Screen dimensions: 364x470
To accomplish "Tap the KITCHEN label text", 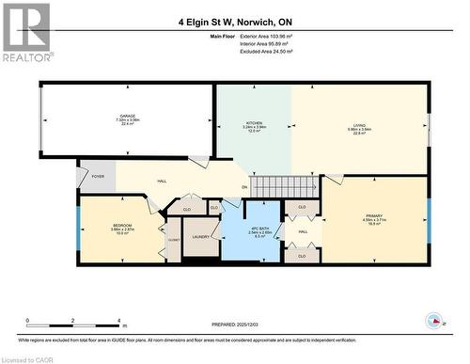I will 254,123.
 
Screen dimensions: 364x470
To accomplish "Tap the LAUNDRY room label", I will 200,237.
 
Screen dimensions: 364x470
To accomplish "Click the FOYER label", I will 98,176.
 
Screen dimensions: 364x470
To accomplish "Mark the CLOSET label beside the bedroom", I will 173,240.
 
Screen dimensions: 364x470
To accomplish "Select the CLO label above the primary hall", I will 302,207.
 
